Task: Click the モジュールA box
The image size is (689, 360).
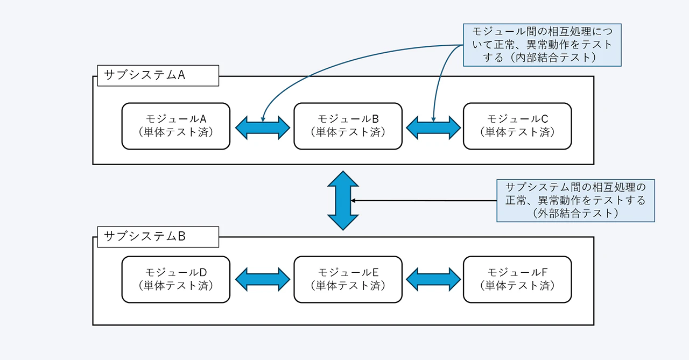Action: click(175, 126)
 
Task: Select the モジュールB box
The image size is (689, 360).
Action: click(348, 126)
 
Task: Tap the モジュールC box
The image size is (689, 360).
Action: click(517, 126)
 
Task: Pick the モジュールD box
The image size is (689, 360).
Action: click(175, 279)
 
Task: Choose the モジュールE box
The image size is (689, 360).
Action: click(348, 279)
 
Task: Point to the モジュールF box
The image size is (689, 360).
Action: click(517, 279)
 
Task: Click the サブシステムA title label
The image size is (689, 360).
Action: click(158, 75)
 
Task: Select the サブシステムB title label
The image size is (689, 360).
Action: click(158, 236)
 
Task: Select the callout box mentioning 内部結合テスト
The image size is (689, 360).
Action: click(542, 45)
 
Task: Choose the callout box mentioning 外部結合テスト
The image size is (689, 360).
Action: click(575, 200)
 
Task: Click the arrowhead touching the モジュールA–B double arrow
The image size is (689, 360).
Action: click(263, 119)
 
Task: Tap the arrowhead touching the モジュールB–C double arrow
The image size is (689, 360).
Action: click(433, 119)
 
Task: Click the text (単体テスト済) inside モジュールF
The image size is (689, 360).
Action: click(517, 286)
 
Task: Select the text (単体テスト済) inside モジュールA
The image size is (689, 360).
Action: click(175, 132)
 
